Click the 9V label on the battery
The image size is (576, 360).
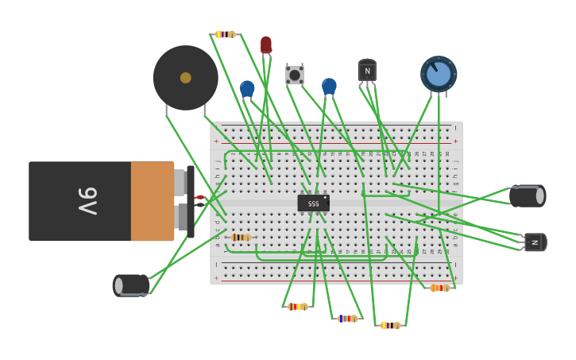point(87,201)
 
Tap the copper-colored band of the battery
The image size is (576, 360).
point(152,201)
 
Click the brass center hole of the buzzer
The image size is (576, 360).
point(185,78)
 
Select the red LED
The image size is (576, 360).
point(266,45)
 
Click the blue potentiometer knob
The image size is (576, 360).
point(439,74)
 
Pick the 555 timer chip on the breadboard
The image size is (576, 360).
point(313,203)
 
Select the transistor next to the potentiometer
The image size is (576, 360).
point(367,71)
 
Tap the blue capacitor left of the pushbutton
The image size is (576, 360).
point(247,88)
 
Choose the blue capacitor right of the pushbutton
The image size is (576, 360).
point(329,86)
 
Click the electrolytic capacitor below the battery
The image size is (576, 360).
point(131,285)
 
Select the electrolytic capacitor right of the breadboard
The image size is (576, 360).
point(527,195)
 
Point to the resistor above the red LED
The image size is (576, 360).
point(225,34)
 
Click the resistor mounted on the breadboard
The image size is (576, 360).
point(241,237)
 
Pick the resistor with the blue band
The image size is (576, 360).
point(346,318)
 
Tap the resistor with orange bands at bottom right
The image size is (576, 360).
point(439,288)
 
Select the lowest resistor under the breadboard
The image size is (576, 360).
point(389,325)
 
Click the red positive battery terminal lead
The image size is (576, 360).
point(199,197)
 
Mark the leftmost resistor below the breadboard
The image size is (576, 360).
point(297,306)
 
